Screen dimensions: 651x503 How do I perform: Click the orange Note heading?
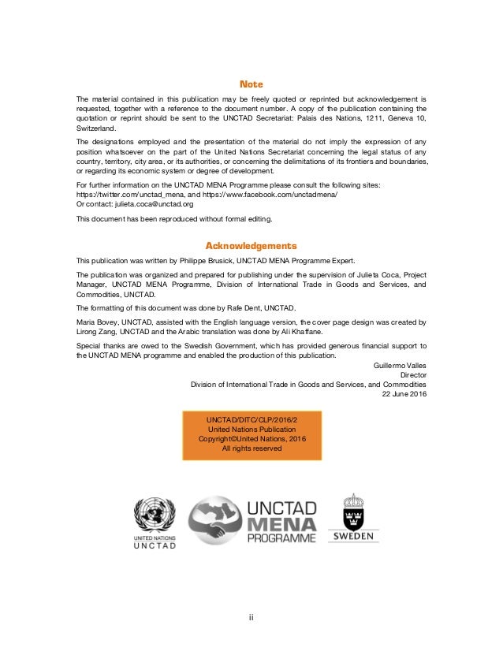click(x=251, y=84)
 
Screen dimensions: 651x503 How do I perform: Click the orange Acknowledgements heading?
click(x=251, y=245)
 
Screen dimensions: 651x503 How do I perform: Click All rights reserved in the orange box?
click(x=251, y=448)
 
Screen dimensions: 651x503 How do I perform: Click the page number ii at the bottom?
click(x=251, y=617)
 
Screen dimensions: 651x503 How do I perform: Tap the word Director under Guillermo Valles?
click(x=412, y=376)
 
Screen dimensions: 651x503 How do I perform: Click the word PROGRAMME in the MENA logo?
click(x=281, y=538)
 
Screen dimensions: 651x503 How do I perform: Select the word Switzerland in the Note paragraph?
click(x=95, y=128)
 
